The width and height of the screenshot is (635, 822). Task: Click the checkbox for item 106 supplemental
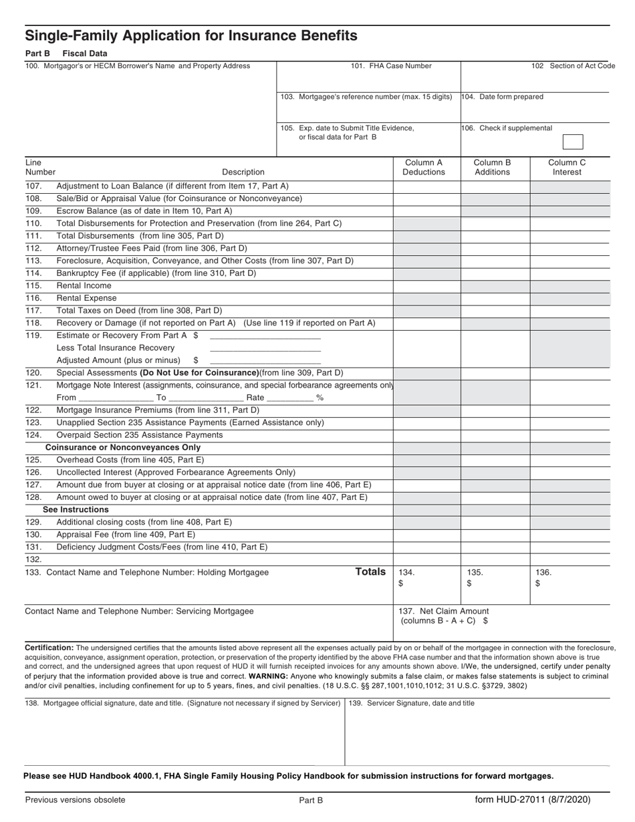coord(573,142)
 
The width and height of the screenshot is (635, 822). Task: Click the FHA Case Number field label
coord(391,66)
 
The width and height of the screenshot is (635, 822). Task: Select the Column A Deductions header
coord(423,167)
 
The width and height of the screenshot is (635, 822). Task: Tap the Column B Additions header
coord(492,167)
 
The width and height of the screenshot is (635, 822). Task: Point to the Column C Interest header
coord(567,167)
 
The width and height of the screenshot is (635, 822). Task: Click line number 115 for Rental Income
coord(33,286)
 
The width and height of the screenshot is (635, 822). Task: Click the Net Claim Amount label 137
coord(444,611)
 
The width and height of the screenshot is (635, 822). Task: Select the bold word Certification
coord(49,648)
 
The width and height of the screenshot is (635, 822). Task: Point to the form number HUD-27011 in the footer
coord(533,799)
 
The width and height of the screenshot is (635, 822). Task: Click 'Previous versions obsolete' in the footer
coord(75,800)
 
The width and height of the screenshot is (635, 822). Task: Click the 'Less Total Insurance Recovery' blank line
coord(265,350)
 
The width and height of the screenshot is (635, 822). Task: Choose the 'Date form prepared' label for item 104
coord(503,97)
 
